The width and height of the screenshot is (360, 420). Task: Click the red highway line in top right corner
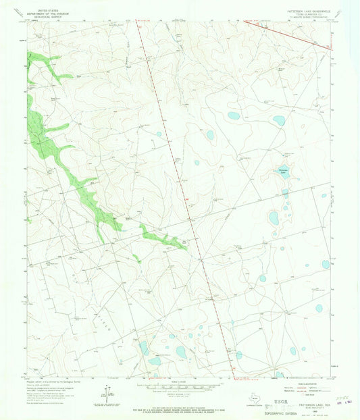290,34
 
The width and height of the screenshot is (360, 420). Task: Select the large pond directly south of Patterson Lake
274,218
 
